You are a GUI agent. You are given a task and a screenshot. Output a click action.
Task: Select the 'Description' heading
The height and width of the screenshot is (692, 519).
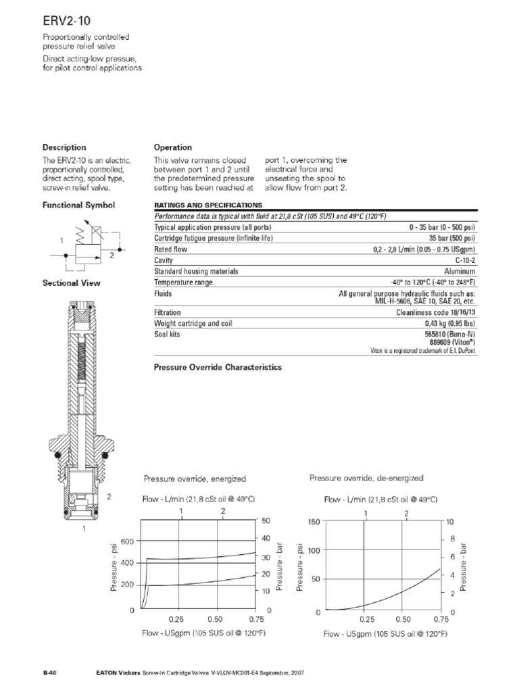(64, 147)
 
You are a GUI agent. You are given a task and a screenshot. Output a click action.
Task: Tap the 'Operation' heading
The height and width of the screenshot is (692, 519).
(173, 147)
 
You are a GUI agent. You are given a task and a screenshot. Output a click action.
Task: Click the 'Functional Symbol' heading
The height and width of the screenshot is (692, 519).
(79, 205)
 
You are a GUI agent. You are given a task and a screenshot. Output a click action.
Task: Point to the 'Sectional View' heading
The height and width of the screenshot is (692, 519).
(72, 283)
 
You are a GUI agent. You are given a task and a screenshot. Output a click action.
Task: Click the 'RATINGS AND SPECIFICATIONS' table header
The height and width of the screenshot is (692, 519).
(208, 205)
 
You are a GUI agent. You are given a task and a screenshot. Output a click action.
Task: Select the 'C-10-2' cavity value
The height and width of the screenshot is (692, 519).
(464, 259)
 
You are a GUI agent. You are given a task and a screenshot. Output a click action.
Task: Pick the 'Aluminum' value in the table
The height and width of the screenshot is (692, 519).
(460, 271)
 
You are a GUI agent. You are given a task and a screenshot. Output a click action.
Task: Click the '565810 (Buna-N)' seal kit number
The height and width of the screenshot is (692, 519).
(448, 335)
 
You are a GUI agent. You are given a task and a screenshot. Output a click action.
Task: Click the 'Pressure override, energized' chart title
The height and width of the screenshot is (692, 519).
(195, 478)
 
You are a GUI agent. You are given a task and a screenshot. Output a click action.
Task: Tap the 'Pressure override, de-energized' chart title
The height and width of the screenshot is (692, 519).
(366, 478)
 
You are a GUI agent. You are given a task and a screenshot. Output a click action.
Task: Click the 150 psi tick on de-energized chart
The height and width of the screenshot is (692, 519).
(313, 521)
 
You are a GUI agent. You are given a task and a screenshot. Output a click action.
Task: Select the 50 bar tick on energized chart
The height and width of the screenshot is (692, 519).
(266, 521)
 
